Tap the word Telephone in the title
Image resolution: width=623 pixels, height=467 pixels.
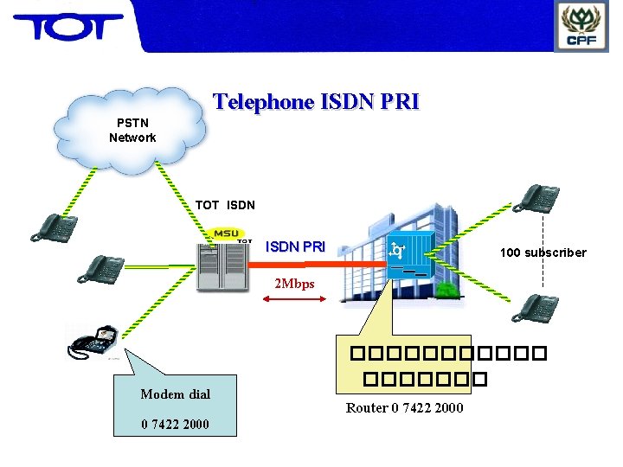[x=264, y=102]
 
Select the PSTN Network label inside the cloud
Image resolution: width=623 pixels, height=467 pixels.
[x=132, y=130]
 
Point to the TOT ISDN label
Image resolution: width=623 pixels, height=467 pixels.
[x=225, y=205]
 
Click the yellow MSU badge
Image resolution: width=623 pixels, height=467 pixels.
[x=227, y=233]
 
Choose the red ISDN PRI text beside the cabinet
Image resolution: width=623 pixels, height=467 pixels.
[x=295, y=246]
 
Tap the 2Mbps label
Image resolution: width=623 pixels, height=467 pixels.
[x=294, y=284]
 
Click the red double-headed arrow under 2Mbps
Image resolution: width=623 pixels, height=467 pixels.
[x=294, y=299]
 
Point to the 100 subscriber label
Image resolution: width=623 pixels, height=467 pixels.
[x=543, y=253]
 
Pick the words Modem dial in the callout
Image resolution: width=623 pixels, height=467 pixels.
[x=175, y=394]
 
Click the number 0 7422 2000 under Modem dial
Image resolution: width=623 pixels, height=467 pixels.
[x=175, y=424]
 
